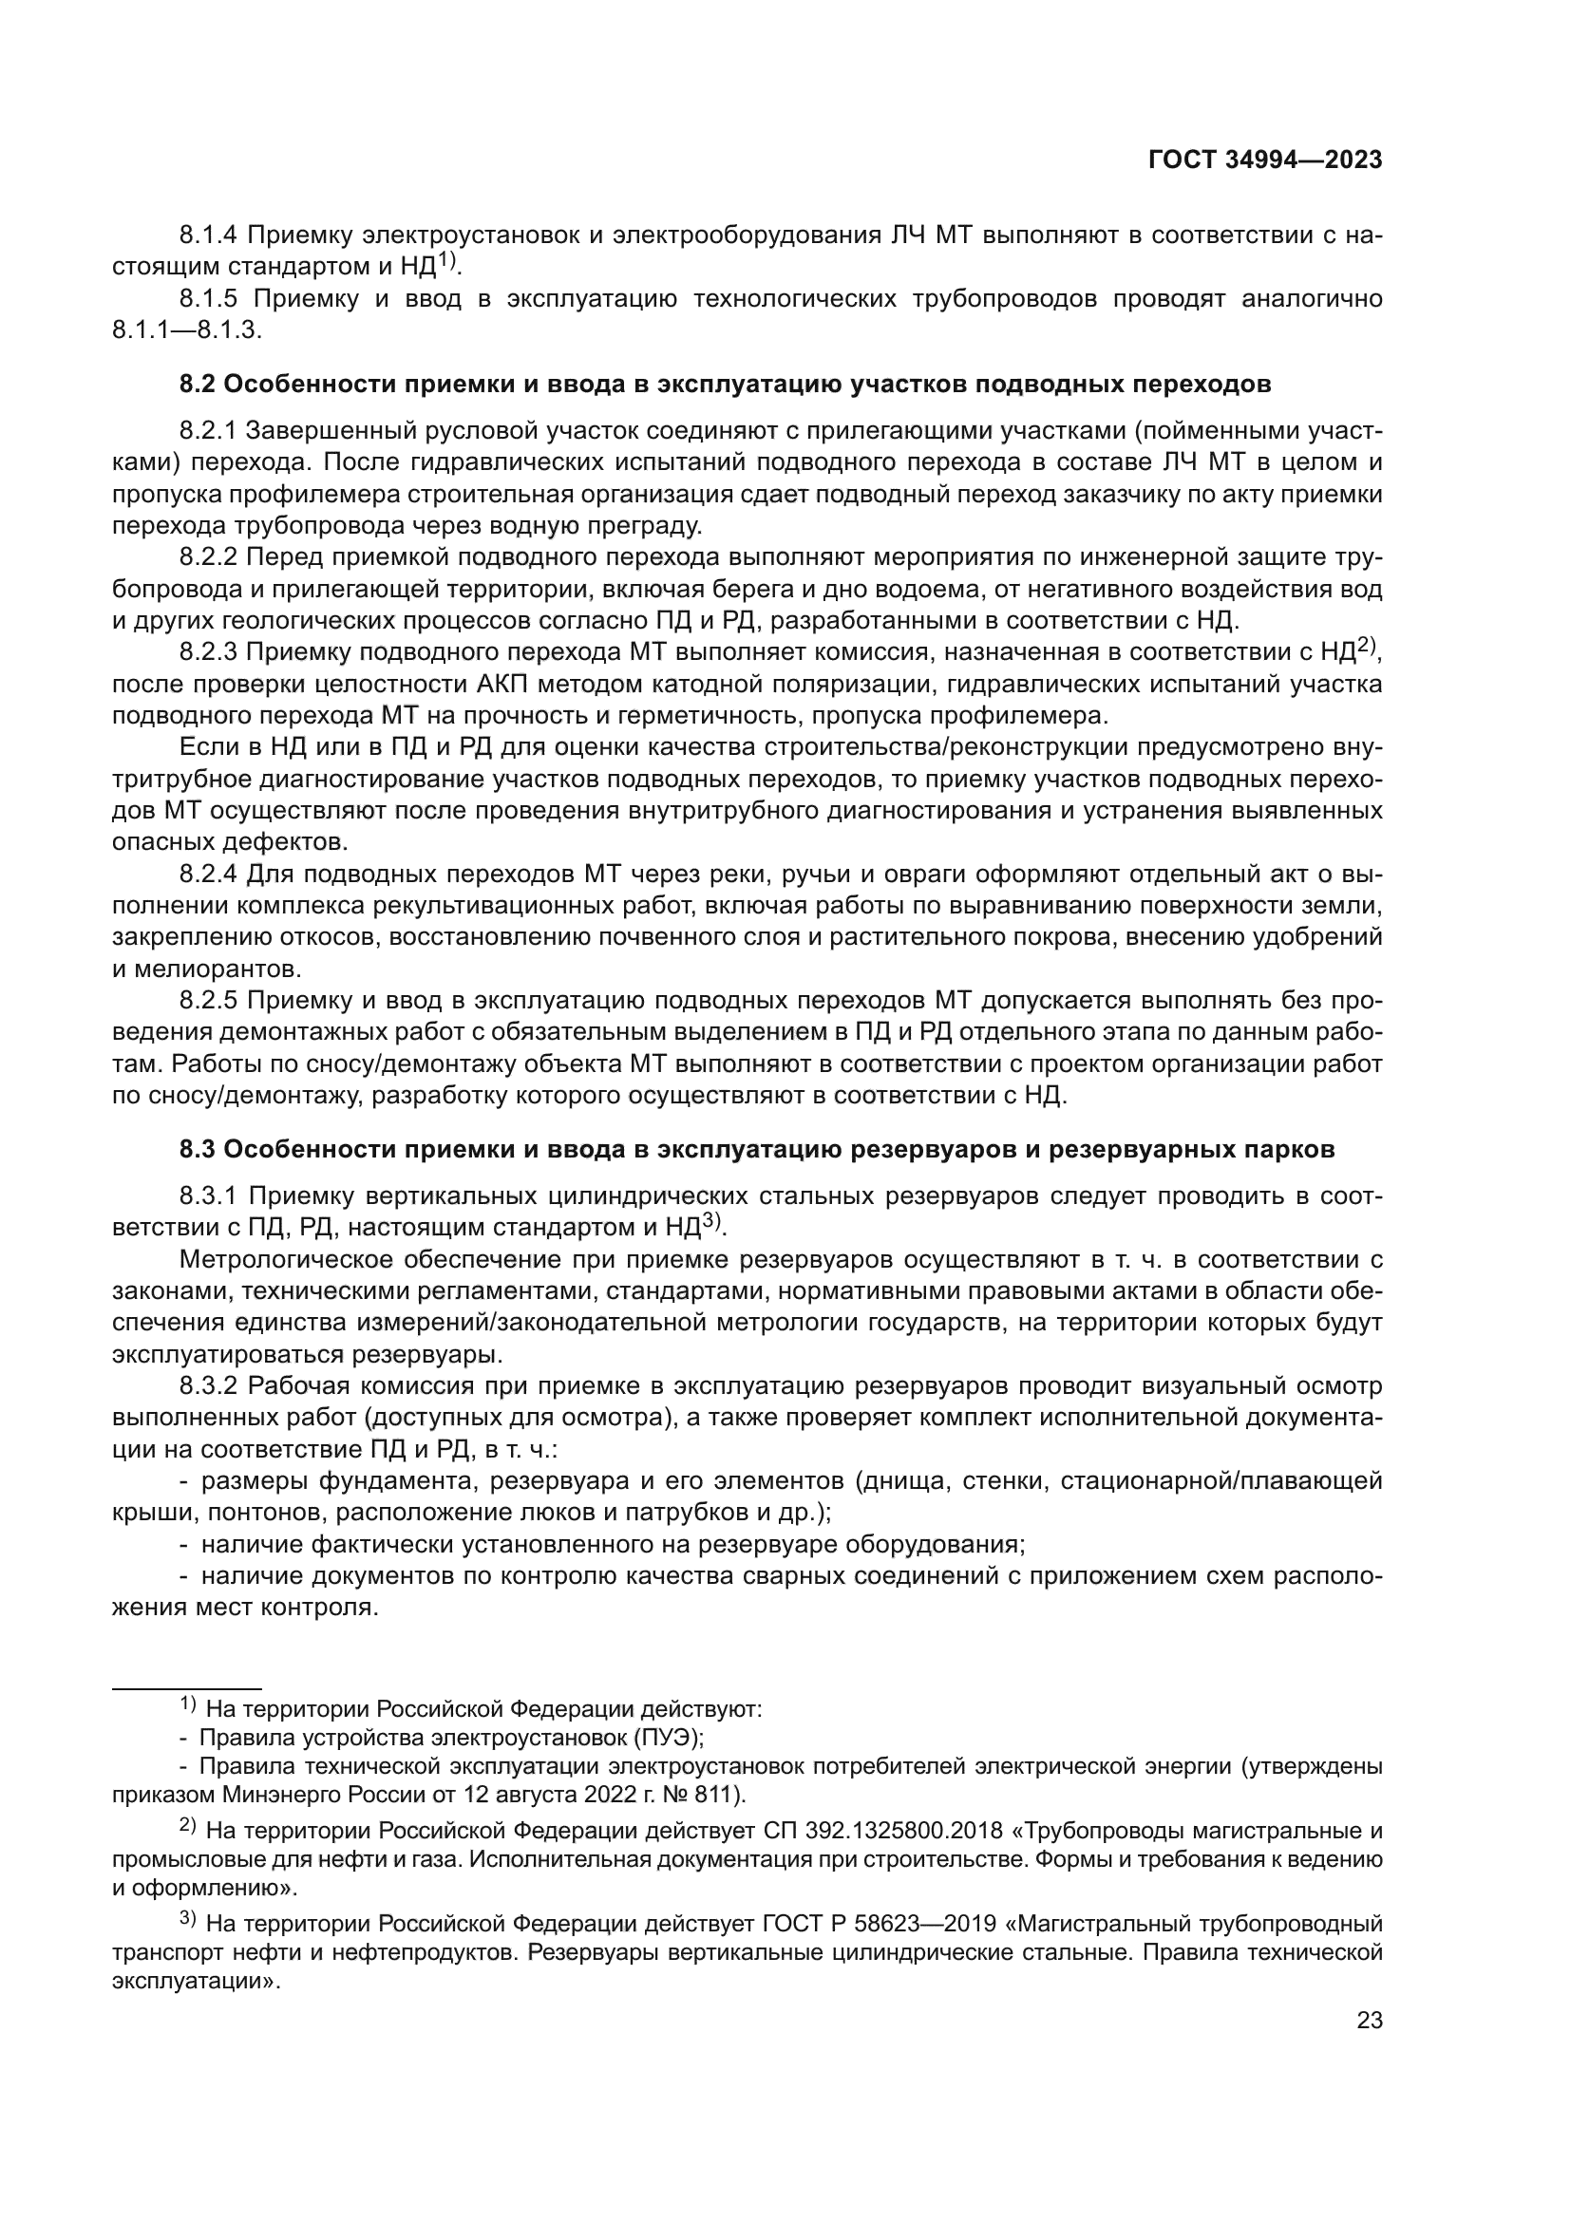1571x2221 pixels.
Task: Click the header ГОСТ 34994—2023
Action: [1264, 160]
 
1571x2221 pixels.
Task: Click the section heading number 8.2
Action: [198, 384]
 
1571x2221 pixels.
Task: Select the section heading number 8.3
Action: [198, 1149]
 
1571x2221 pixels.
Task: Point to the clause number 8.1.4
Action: [210, 235]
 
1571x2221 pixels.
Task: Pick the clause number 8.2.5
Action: [210, 1000]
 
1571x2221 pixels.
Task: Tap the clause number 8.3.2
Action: [210, 1386]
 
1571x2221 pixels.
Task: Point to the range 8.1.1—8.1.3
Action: [187, 329]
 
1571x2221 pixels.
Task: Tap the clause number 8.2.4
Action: [210, 875]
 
